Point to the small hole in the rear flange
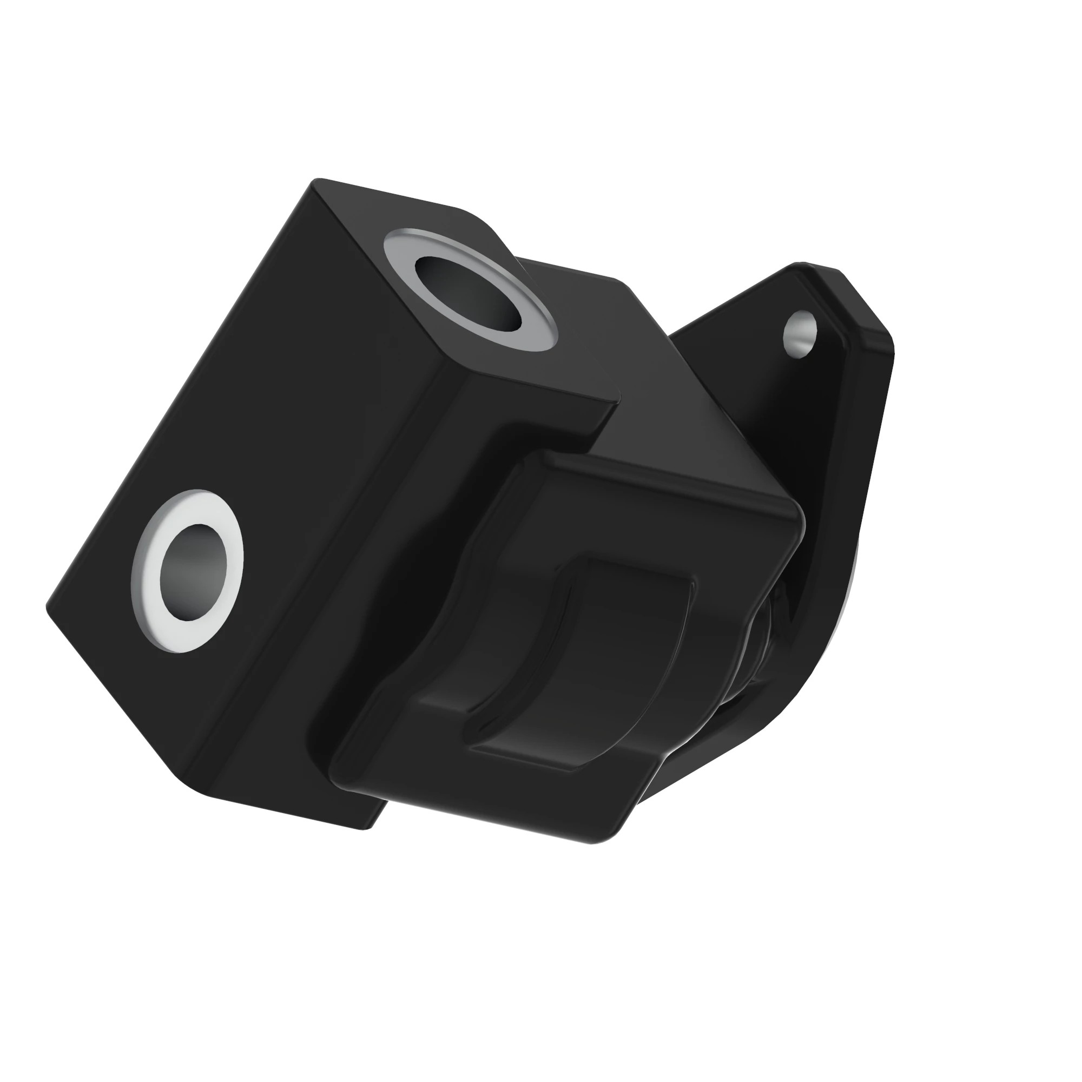(x=800, y=333)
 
